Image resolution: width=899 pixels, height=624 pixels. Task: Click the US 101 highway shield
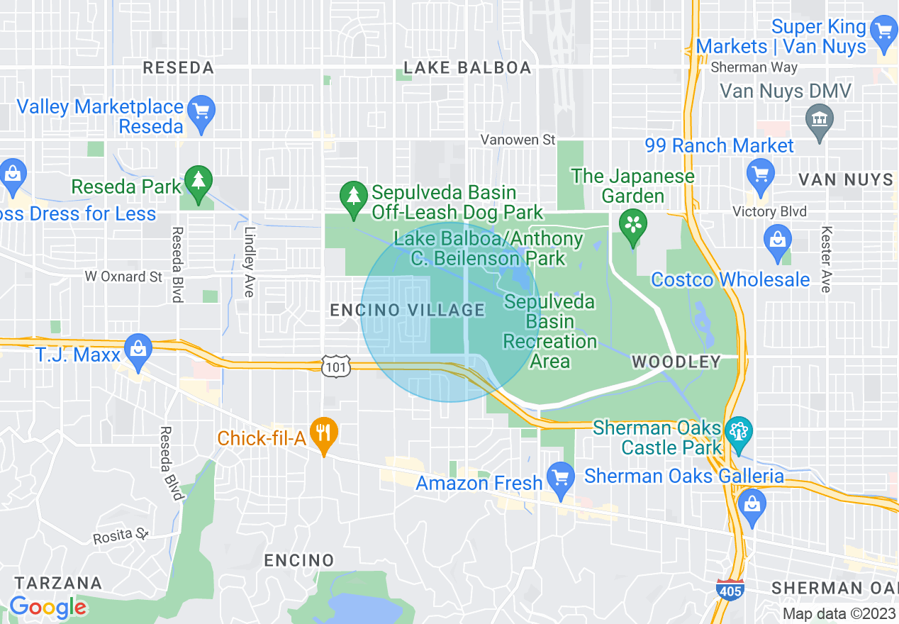point(331,367)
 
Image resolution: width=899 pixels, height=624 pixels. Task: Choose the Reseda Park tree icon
point(198,183)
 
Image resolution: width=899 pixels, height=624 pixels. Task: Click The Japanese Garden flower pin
point(632,224)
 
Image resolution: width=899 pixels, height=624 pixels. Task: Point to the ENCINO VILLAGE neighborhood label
point(408,310)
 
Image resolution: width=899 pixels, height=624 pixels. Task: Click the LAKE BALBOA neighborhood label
point(467,67)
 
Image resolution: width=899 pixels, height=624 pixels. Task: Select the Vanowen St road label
point(517,140)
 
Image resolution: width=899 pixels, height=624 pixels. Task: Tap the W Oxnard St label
point(123,277)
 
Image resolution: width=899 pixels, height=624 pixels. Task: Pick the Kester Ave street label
point(826,259)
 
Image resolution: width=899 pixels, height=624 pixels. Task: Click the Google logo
point(48,608)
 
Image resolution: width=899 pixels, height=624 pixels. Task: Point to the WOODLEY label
point(676,362)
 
